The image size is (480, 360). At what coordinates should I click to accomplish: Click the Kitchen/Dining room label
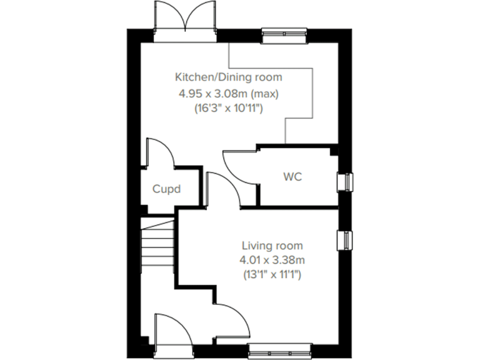[x=228, y=77]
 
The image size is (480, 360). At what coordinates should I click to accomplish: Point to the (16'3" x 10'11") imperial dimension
[x=228, y=109]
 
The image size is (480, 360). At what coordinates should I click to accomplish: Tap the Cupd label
[x=167, y=188]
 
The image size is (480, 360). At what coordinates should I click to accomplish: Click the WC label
[x=292, y=177]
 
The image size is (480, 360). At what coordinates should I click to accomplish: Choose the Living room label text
[x=272, y=246]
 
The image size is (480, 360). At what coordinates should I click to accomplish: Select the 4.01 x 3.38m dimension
[x=272, y=259]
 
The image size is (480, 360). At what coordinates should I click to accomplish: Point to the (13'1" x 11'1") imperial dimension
[x=272, y=274]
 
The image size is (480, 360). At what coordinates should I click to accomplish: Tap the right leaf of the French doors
[x=201, y=16]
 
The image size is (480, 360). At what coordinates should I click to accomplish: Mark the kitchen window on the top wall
[x=284, y=36]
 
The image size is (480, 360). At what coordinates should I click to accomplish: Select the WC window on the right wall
[x=344, y=181]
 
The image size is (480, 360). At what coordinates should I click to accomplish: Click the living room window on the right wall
[x=344, y=239]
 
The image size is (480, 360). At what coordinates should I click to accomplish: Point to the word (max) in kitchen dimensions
[x=266, y=94]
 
